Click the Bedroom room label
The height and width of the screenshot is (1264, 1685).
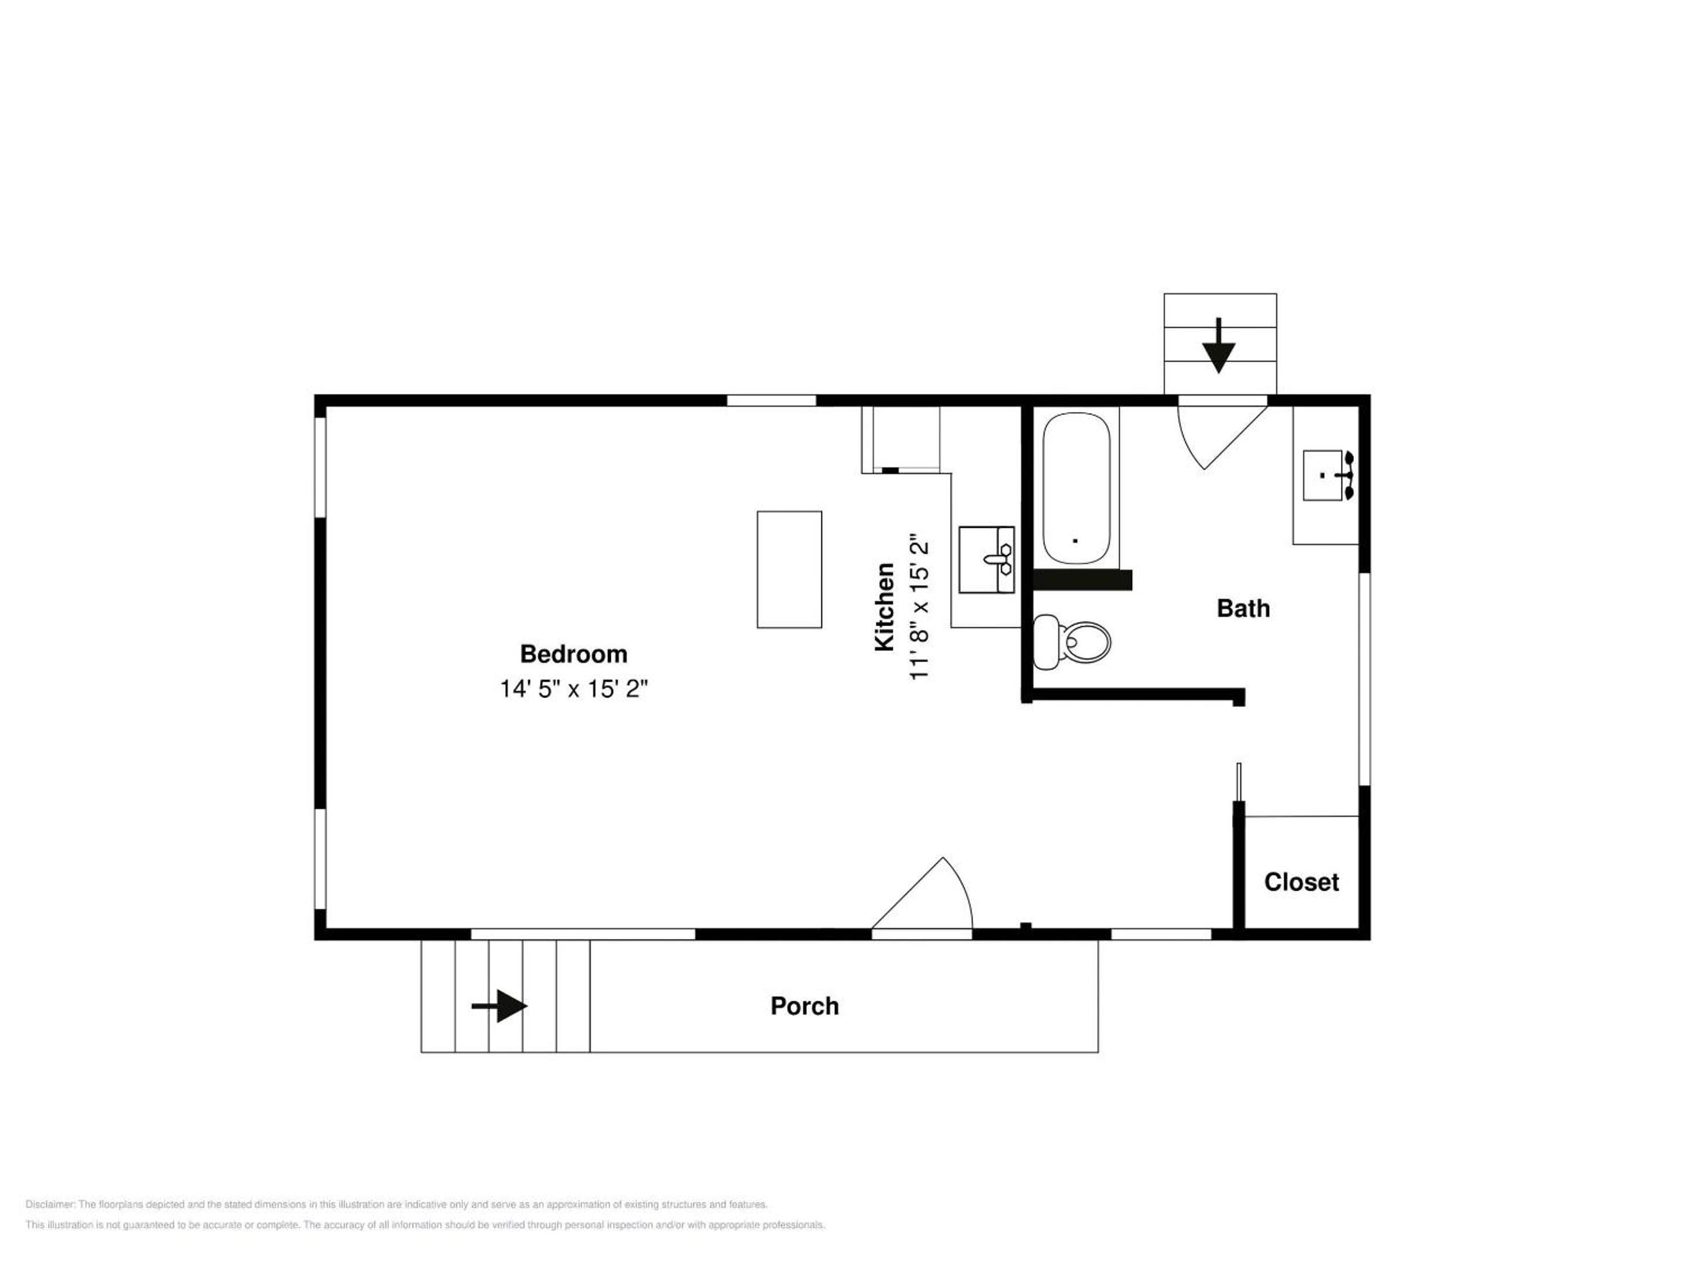point(573,654)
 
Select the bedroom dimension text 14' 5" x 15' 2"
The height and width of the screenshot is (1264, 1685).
point(573,689)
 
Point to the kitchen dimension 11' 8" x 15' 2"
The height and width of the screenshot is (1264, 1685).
point(920,607)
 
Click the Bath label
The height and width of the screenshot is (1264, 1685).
point(1243,608)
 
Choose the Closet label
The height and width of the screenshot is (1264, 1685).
point(1302,881)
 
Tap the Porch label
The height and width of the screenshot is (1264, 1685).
point(804,1006)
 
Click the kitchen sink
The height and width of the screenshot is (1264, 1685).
point(986,559)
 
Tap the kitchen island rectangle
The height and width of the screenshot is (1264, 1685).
point(789,570)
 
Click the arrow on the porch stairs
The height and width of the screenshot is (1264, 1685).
point(499,1006)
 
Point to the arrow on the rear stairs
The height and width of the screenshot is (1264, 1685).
point(1219,345)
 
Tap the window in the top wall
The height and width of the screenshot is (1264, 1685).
point(771,400)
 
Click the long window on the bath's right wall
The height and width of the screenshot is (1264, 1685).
point(1364,679)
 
